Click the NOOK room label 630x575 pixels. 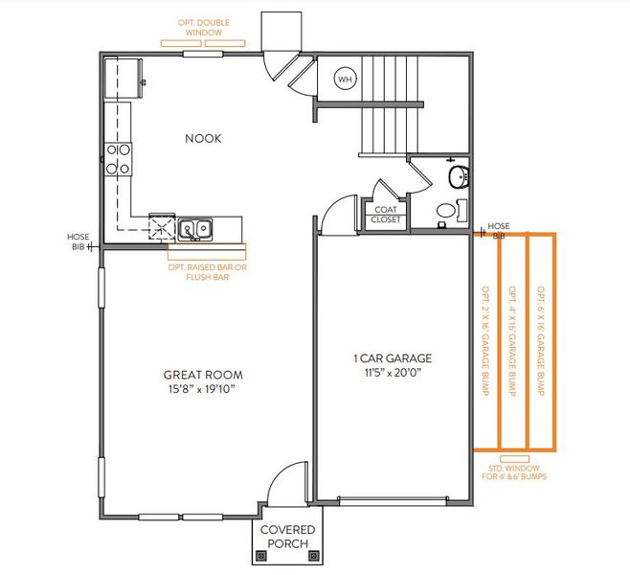(202, 138)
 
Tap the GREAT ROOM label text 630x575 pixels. (202, 375)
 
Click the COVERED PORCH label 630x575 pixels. (288, 537)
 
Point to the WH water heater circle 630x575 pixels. (345, 80)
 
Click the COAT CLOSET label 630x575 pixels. (386, 214)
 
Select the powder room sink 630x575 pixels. (459, 175)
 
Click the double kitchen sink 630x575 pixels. (196, 228)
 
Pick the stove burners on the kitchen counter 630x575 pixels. (118, 159)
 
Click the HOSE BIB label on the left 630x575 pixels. (78, 241)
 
